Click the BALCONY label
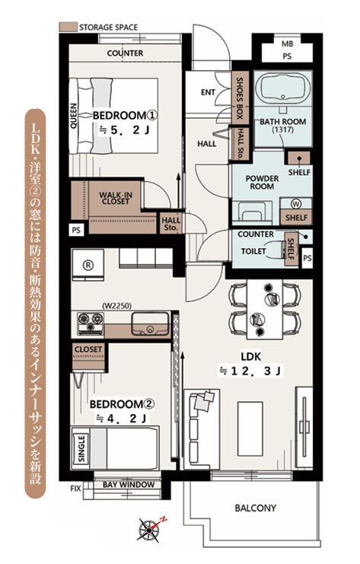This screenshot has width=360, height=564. (255, 508)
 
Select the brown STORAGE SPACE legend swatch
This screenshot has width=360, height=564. (68, 27)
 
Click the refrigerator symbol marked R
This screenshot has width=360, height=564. (88, 265)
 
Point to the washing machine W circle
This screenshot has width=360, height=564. (296, 204)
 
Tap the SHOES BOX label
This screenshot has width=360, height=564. (240, 98)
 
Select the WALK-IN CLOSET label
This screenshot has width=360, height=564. (116, 198)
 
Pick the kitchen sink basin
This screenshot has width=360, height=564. (151, 323)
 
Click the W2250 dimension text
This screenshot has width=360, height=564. (117, 306)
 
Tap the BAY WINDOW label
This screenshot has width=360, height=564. (129, 485)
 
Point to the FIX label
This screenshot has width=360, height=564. (75, 489)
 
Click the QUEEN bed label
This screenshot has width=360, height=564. (73, 116)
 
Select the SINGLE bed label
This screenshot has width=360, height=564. (81, 448)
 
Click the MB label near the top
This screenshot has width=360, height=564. (287, 44)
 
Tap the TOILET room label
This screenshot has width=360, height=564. (253, 251)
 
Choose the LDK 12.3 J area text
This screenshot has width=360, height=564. (250, 364)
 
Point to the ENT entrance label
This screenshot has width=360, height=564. (208, 92)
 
